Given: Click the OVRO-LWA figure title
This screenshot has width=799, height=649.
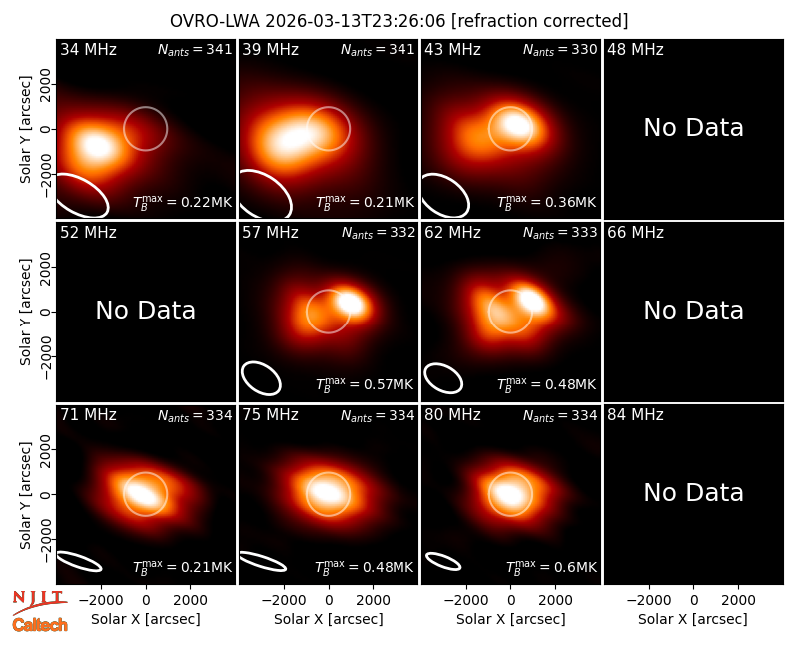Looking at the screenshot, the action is pos(399,21).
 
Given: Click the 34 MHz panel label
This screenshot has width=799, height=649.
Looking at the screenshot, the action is pos(88,49).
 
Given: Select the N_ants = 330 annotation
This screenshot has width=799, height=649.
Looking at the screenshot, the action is pos(560,49).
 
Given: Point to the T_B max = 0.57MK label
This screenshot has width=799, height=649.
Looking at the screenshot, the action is pos(365,384).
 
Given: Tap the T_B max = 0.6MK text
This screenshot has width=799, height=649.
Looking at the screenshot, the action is pos(552,567).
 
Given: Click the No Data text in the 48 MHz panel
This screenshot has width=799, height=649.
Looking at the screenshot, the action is pos(693,128).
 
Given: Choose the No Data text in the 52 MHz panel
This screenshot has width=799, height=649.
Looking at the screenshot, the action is pos(145,311).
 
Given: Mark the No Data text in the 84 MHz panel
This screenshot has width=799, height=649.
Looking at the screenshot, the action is pos(693,492).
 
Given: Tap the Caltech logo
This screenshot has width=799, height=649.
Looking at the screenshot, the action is pos(40,625).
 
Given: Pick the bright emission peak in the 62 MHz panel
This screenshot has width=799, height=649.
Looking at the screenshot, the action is pos(532,299).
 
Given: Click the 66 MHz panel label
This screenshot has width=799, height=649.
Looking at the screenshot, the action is pos(635,233).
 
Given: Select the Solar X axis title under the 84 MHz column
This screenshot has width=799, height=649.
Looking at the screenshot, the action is pos(692,619).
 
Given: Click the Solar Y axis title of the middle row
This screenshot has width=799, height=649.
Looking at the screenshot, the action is pos(26,312).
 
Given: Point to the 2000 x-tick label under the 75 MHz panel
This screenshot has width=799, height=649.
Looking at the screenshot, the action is pos(373,600).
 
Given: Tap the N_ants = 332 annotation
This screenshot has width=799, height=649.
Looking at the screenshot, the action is pos(379,233).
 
